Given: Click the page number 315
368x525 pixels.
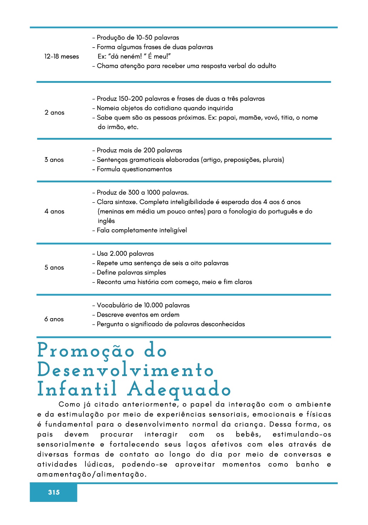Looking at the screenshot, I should point(54,492).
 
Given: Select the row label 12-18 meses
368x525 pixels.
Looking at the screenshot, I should point(62,57).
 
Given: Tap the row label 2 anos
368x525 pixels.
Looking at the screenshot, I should point(55,113).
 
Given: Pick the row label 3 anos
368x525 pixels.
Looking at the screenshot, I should point(54,160).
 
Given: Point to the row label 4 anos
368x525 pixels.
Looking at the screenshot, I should point(55,211).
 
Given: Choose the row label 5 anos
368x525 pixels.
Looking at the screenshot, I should point(54,268).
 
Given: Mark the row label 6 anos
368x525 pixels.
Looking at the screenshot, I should point(54,319).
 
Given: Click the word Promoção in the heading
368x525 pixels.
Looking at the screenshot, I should point(86,351).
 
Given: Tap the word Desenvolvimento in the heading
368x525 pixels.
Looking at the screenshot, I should point(125,370).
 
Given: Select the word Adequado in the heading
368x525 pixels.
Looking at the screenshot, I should point(179,390).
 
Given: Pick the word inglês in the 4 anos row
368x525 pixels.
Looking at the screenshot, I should point(106,221).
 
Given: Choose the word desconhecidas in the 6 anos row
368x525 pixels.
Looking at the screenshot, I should point(223,324).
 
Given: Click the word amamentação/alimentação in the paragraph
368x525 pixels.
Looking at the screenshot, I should point(92,474).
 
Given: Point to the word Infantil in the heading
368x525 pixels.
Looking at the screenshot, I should point(77,390).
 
